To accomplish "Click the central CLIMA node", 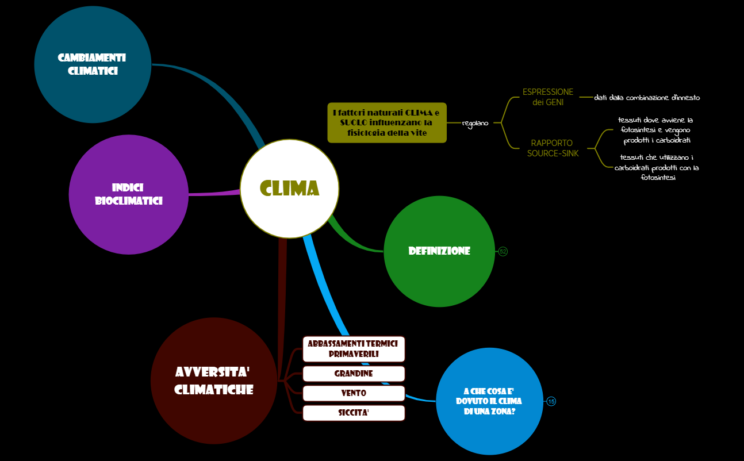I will pyautogui.click(x=289, y=189).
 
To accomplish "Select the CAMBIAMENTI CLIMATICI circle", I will pyautogui.click(x=93, y=64).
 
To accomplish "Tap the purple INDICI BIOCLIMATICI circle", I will pyautogui.click(x=129, y=194).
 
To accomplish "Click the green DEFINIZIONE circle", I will pyautogui.click(x=439, y=251).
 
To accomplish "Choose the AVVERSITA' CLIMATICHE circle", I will pyautogui.click(x=214, y=381).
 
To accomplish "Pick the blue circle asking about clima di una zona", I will pyautogui.click(x=489, y=401).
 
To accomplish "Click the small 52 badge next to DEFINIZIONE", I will pyautogui.click(x=503, y=251).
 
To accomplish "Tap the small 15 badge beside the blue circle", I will pyautogui.click(x=551, y=401).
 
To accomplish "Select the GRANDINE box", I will pyautogui.click(x=354, y=374).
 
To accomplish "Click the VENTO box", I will pyautogui.click(x=354, y=393).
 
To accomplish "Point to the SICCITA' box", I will pyautogui.click(x=354, y=413).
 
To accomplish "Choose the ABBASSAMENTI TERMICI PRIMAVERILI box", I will pyautogui.click(x=354, y=349).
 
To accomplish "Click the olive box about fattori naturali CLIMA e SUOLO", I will pyautogui.click(x=387, y=123).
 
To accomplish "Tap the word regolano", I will pyautogui.click(x=475, y=123).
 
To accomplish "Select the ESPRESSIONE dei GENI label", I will pyautogui.click(x=547, y=97).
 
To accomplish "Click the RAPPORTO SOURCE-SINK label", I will pyautogui.click(x=553, y=148).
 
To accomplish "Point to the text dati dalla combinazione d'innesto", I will pyautogui.click(x=647, y=98).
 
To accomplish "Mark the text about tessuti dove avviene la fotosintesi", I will pyautogui.click(x=656, y=130).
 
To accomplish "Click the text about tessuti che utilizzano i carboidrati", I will pyautogui.click(x=656, y=167).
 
